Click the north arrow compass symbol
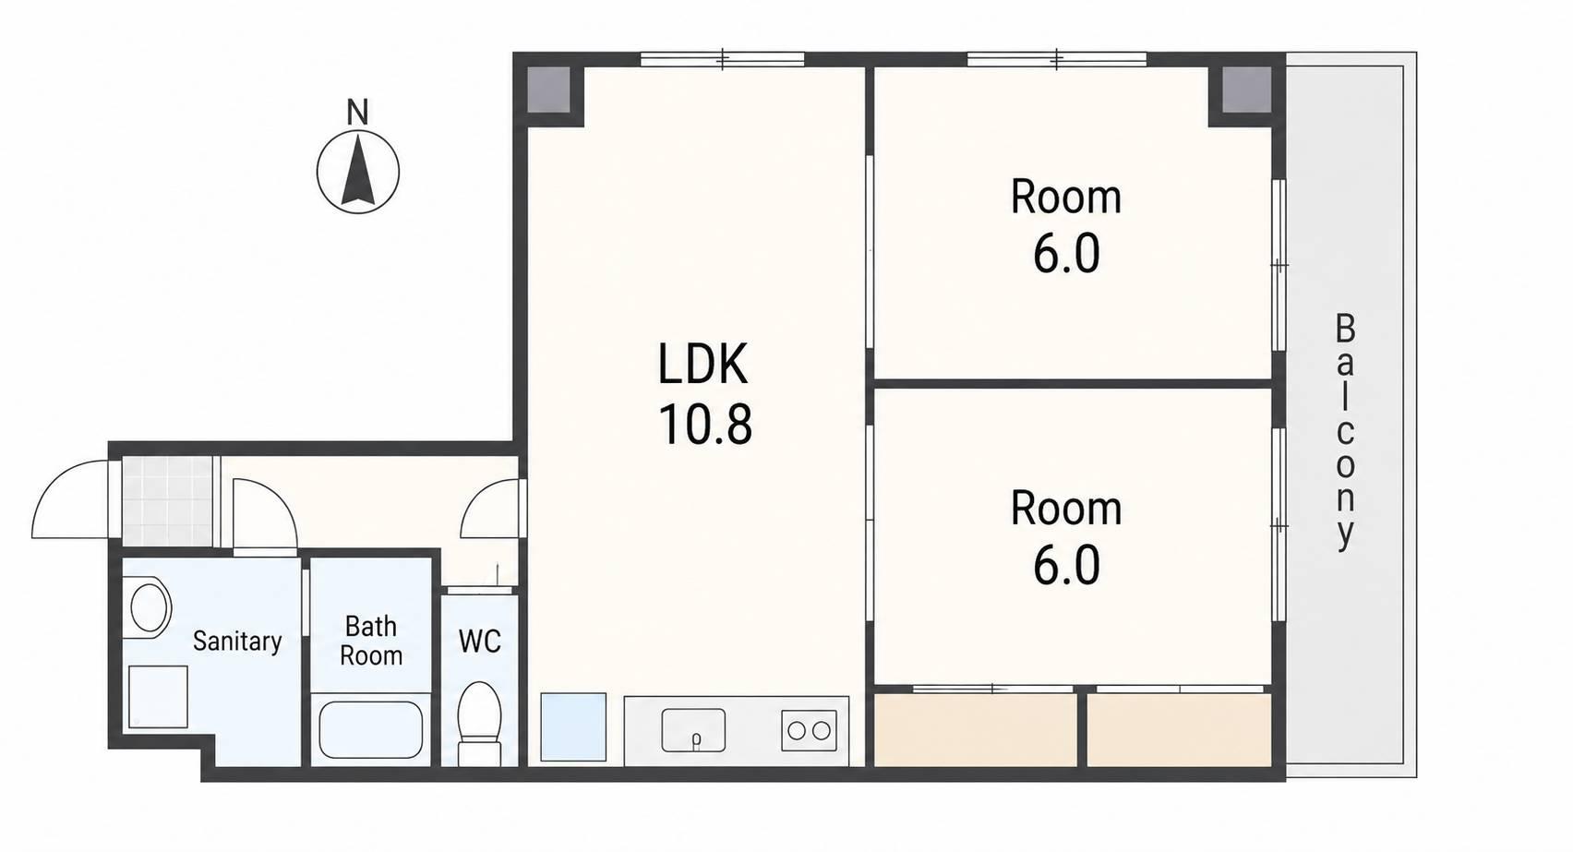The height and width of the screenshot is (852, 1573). [x=358, y=172]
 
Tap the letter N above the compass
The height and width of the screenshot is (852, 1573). [x=358, y=113]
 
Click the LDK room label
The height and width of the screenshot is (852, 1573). [x=702, y=363]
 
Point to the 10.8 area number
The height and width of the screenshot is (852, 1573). [x=705, y=425]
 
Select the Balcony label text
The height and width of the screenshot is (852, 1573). [x=1345, y=431]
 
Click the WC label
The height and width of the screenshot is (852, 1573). [x=480, y=641]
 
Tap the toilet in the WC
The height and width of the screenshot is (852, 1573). [x=480, y=724]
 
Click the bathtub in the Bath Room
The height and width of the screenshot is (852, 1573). [x=371, y=729]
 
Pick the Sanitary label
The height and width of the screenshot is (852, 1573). [x=237, y=641]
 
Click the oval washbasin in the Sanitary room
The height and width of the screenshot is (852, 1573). [x=150, y=607]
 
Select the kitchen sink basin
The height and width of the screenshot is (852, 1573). [x=693, y=730]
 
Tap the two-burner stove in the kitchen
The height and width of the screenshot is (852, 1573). [x=809, y=730]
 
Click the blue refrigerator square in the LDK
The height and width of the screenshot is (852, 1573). [x=573, y=727]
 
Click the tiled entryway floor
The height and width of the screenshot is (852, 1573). [x=167, y=501]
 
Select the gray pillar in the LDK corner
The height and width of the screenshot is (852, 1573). [x=548, y=90]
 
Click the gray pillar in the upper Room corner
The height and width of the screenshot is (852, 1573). [x=1246, y=90]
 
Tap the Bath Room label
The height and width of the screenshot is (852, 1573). [x=371, y=641]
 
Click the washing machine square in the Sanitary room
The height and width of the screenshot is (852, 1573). [x=158, y=697]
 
